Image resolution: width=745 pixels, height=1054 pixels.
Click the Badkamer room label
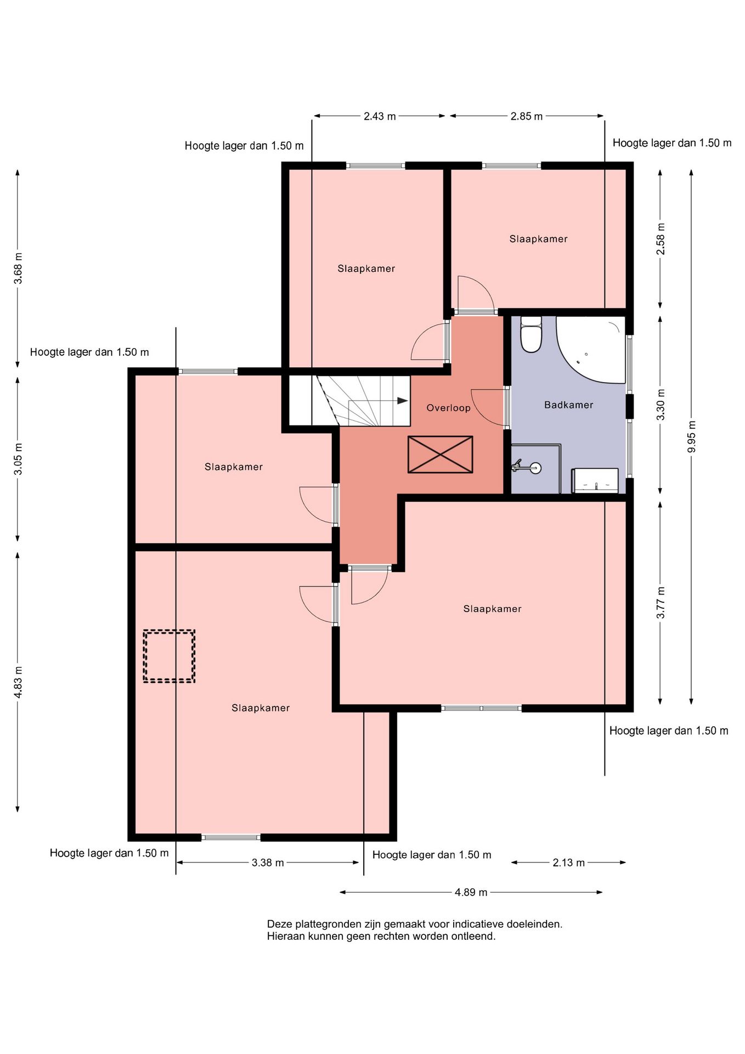(x=568, y=405)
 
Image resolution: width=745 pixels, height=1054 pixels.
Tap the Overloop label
(x=448, y=408)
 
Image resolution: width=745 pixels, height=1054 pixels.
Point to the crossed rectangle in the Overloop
(x=440, y=455)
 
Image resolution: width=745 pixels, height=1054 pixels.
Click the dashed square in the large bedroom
(x=169, y=656)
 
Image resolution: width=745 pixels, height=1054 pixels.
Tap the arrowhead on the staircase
(x=403, y=401)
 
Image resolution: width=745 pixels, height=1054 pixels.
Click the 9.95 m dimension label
(x=691, y=436)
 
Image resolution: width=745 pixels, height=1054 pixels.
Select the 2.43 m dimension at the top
(x=380, y=116)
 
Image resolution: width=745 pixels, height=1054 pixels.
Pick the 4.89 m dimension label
(x=471, y=892)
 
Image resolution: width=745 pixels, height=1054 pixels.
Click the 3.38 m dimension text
(x=268, y=862)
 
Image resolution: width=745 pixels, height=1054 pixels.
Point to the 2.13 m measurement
(x=568, y=862)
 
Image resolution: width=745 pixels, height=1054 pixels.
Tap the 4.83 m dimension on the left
(x=18, y=682)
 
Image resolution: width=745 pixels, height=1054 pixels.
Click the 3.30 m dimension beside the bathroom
(x=661, y=405)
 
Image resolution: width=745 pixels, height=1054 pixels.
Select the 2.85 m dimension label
(x=527, y=116)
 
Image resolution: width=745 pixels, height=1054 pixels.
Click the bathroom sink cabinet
(x=595, y=481)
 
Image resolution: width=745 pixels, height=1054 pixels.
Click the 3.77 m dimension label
(x=661, y=602)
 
